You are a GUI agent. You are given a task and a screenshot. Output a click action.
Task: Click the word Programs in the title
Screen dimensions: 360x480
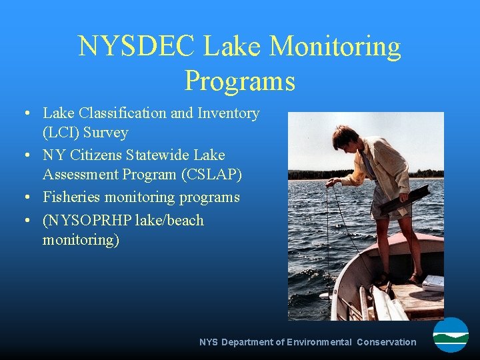239,81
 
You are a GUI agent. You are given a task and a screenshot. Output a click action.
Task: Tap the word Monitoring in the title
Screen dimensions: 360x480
335,47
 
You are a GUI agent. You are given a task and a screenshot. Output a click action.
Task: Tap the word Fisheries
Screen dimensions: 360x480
71,197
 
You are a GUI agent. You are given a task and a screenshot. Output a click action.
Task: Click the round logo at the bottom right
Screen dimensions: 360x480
451,335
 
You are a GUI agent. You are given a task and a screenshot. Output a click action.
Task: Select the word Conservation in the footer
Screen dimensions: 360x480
386,342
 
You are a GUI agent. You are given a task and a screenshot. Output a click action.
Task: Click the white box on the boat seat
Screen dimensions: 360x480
433,282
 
